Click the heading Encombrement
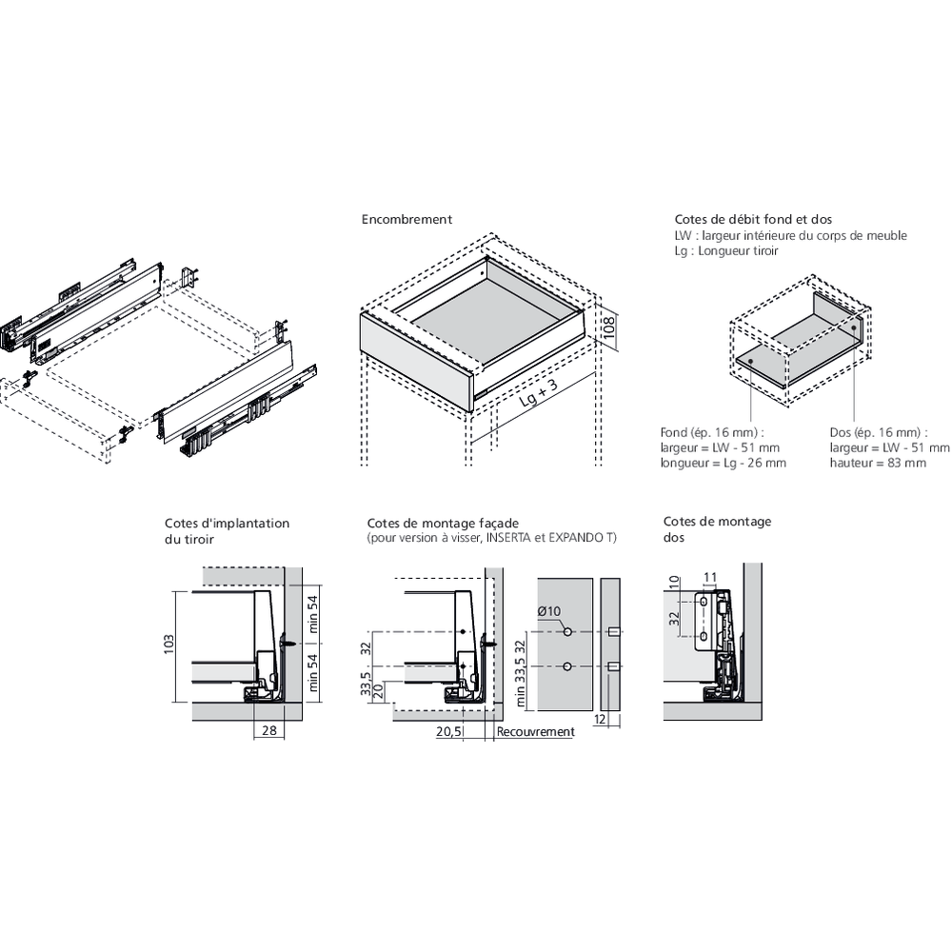[407, 220]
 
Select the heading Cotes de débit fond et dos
[740, 220]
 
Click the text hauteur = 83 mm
[878, 464]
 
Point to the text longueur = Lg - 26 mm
[724, 464]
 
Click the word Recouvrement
[535, 732]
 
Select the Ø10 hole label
[549, 612]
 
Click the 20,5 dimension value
[448, 732]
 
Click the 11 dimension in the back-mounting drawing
[709, 577]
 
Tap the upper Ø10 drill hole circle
[566, 632]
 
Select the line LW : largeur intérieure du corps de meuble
[790, 235]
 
